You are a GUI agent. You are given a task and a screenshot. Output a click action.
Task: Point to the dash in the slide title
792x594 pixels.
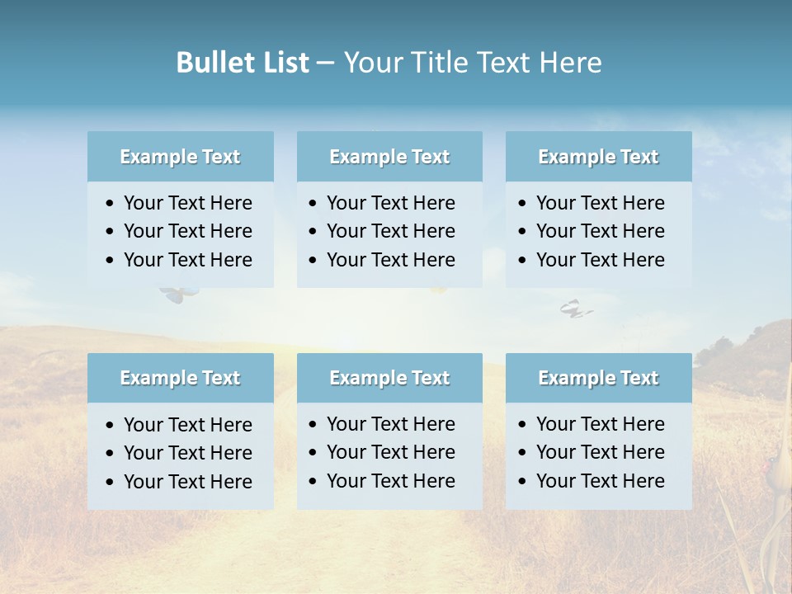click(x=325, y=64)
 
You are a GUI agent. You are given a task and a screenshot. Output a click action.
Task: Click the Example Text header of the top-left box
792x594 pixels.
click(x=180, y=157)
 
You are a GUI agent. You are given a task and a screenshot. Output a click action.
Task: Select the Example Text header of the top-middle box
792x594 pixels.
click(x=389, y=157)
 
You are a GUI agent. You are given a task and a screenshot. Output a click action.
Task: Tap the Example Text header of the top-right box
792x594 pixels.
click(x=598, y=157)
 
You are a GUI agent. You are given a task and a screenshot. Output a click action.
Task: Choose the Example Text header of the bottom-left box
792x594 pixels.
click(x=180, y=378)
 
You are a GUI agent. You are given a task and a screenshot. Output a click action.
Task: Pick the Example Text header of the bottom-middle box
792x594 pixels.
click(x=389, y=378)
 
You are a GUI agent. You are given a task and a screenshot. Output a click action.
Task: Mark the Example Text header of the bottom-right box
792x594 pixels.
click(x=598, y=378)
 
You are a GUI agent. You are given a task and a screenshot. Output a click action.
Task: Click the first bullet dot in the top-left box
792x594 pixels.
click(x=111, y=204)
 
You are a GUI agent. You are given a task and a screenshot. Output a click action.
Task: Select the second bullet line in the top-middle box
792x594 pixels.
click(x=390, y=231)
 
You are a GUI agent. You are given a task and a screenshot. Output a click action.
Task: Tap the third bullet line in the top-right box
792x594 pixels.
click(x=600, y=260)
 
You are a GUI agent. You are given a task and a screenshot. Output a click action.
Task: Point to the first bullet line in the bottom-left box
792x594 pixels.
click(x=187, y=425)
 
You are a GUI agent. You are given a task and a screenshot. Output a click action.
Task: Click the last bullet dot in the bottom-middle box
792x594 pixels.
click(x=313, y=481)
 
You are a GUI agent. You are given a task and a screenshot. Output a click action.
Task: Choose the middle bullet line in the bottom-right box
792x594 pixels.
click(x=600, y=452)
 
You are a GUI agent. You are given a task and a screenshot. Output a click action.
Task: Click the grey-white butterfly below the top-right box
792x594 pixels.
click(x=575, y=309)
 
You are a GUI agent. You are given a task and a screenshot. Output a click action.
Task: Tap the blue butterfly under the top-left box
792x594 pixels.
click(x=176, y=294)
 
